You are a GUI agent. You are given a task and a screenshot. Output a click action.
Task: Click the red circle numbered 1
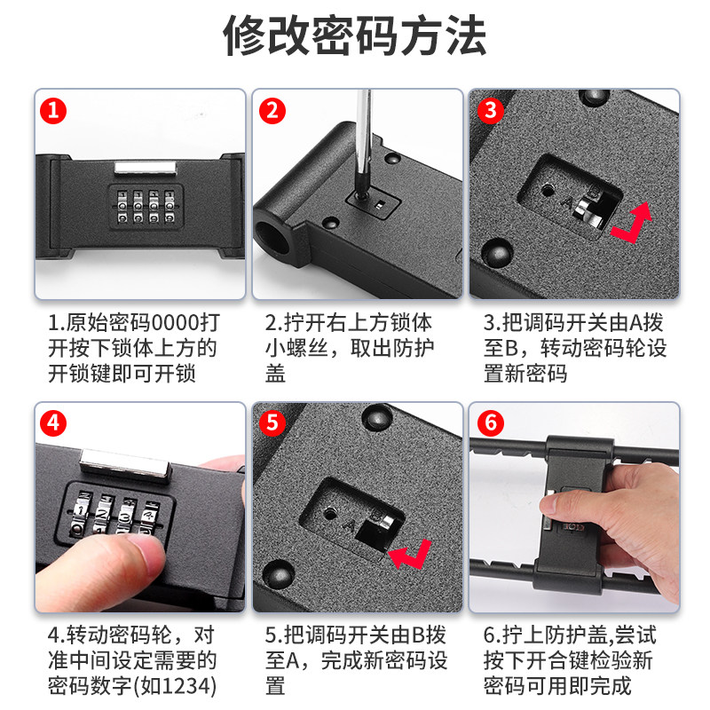pos(53,111)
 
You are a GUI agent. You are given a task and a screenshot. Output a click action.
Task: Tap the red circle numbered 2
pos(272,111)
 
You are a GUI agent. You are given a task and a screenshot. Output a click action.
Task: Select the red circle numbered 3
pos(491,111)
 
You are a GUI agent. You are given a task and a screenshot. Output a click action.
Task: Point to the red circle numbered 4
pos(53,423)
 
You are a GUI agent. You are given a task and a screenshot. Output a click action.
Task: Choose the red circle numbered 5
pos(272,423)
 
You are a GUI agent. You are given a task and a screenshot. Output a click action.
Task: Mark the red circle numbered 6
pos(491,423)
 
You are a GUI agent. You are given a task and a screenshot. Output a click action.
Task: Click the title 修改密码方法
pos(355,35)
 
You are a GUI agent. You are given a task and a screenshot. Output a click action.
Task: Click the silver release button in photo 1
pos(145,168)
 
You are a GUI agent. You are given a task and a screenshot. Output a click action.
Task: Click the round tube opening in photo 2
pos(273,237)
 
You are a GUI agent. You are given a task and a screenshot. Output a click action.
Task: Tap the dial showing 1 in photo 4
pos(82,514)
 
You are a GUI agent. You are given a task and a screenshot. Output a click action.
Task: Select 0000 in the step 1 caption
pos(174,323)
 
